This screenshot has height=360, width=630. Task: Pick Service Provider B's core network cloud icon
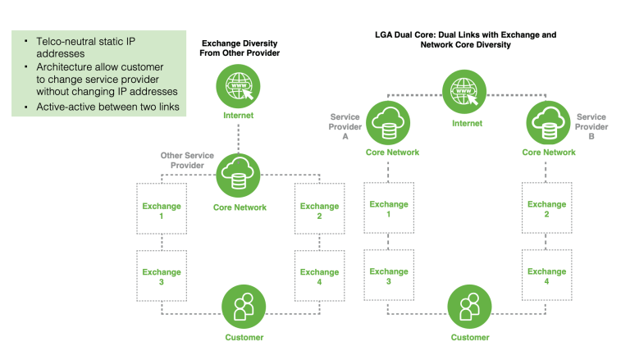[549, 121]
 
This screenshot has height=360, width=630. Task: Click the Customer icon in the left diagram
[244, 308]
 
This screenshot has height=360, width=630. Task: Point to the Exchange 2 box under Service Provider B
[546, 209]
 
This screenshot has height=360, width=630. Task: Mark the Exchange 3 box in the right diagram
[389, 276]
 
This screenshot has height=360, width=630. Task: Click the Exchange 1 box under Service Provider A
[389, 209]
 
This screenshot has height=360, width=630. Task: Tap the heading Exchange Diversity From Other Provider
[240, 47]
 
